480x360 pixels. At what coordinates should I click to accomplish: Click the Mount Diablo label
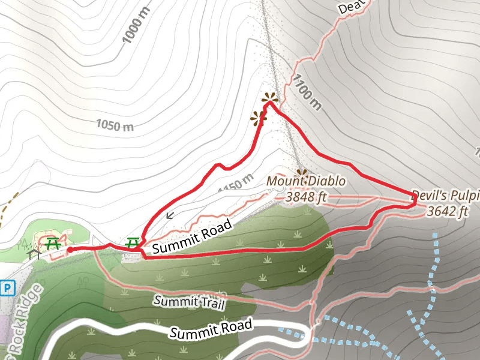click(306, 181)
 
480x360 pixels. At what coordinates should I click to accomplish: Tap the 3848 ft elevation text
click(306, 196)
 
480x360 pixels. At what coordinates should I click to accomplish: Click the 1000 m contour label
click(133, 30)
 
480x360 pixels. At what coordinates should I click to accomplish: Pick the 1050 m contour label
click(115, 125)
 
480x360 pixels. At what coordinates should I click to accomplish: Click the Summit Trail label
click(189, 302)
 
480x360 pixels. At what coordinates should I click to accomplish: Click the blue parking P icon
click(7, 289)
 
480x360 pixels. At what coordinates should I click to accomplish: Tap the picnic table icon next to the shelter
click(53, 243)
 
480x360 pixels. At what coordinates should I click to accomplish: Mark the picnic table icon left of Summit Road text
click(133, 243)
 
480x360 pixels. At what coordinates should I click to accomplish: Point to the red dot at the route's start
click(70, 250)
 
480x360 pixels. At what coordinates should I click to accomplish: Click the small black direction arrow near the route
click(170, 215)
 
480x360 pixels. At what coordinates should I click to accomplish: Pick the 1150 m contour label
click(236, 184)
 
